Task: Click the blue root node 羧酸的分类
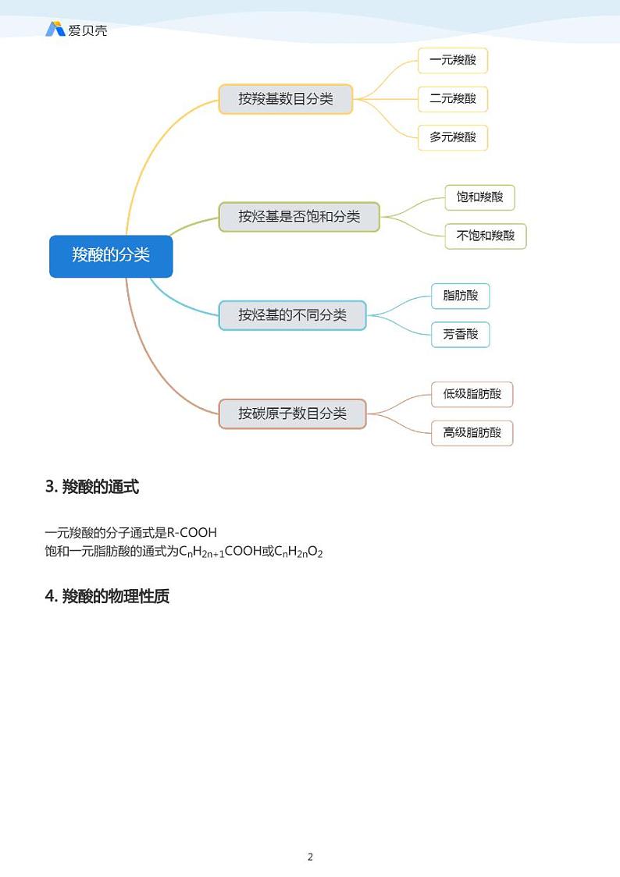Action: (x=111, y=256)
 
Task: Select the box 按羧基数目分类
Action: (x=286, y=99)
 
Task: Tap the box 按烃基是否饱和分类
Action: (x=299, y=217)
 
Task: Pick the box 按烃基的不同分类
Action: (x=292, y=315)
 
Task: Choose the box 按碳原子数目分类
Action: (x=292, y=414)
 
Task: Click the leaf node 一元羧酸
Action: (x=453, y=60)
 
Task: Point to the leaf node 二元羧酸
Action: (x=453, y=99)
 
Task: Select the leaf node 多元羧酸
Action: (x=453, y=137)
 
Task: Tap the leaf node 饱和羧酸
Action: (x=480, y=197)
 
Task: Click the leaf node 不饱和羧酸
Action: (x=486, y=236)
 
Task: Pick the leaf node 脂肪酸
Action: (x=461, y=296)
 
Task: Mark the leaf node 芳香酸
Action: (x=461, y=335)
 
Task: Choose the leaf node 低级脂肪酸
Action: (x=472, y=394)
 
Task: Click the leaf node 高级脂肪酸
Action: (x=472, y=432)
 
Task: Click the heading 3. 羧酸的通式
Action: (x=92, y=488)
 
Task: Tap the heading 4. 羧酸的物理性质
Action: (x=107, y=597)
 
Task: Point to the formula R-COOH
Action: (x=192, y=533)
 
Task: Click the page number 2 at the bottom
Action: (x=310, y=857)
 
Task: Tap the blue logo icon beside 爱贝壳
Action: (x=55, y=30)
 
